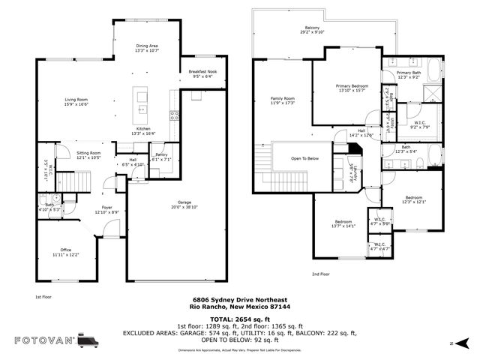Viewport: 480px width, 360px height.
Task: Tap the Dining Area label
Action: pyautogui.click(x=147, y=47)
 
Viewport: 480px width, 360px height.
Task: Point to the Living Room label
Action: pyautogui.click(x=76, y=99)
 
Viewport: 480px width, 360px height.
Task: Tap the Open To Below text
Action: pyautogui.click(x=305, y=158)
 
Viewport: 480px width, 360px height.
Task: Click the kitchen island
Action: pyautogui.click(x=139, y=103)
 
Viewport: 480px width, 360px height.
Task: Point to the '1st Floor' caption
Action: pyautogui.click(x=43, y=298)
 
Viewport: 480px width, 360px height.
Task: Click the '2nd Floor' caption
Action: pyautogui.click(x=320, y=274)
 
